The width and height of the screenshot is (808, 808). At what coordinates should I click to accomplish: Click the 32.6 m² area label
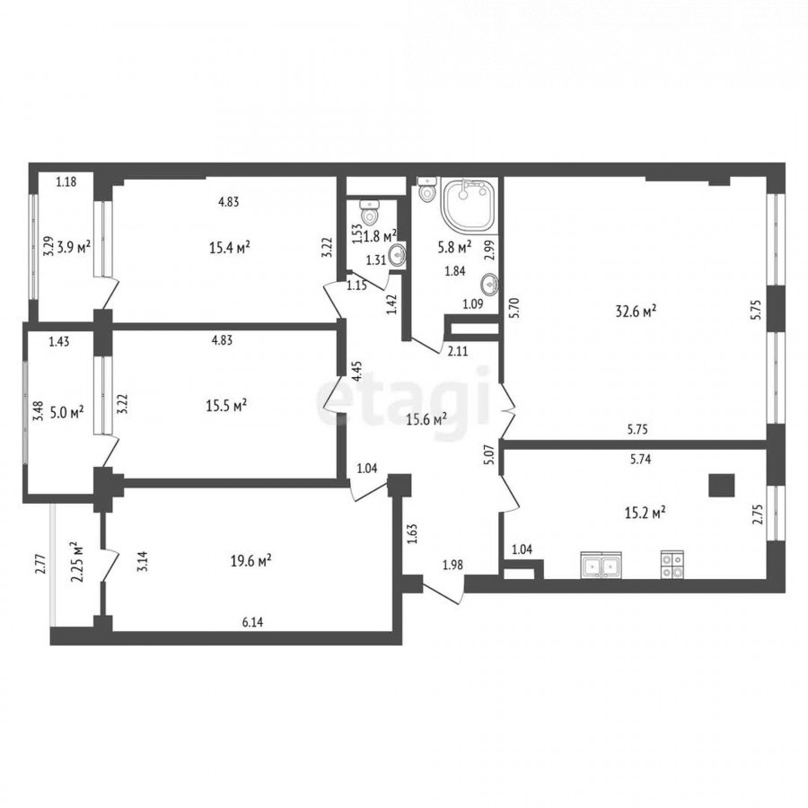(636, 311)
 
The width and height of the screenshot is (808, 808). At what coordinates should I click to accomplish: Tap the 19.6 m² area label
(251, 560)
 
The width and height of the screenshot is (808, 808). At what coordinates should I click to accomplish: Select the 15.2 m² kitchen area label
(645, 513)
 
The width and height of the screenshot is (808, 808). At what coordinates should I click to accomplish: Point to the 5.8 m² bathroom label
(454, 248)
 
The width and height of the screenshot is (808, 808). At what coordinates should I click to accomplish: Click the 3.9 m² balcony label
(75, 247)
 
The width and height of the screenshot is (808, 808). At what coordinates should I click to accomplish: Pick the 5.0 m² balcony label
(67, 413)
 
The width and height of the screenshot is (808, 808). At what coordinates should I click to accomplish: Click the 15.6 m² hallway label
(426, 419)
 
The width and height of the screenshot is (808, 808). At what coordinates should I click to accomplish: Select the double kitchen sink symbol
(601, 565)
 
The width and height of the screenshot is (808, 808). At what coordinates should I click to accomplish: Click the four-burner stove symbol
(672, 565)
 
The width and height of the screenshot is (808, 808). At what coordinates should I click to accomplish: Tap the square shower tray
(469, 205)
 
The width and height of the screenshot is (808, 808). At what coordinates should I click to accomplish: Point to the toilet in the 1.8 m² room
(370, 212)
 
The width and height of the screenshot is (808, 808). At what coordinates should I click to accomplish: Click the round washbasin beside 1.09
(489, 284)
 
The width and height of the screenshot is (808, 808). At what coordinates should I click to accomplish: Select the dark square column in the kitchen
(722, 485)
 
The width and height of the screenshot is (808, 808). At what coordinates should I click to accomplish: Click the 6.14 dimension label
(252, 622)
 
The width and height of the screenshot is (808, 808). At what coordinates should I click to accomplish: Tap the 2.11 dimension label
(458, 351)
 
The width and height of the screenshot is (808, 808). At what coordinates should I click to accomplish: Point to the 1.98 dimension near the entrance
(453, 565)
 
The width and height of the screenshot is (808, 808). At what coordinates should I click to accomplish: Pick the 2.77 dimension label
(43, 564)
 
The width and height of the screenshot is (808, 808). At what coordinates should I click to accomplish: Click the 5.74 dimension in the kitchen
(640, 459)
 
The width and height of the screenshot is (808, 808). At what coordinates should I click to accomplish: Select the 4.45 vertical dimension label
(357, 371)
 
